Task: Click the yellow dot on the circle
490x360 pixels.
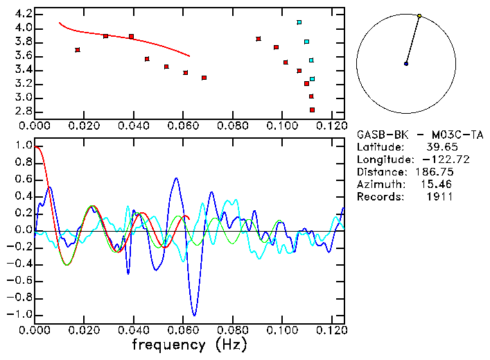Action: (419, 15)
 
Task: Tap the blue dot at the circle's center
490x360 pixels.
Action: (406, 64)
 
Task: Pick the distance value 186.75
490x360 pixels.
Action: (434, 172)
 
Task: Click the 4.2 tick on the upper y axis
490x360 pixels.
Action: (24, 14)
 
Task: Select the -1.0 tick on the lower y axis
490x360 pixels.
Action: (21, 314)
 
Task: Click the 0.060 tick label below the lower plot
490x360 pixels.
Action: (183, 330)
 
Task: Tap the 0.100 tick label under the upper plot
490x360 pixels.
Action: (282, 126)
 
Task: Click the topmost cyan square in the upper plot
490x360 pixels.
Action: (299, 22)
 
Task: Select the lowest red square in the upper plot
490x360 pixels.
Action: (313, 110)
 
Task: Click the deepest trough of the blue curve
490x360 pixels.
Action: (194, 316)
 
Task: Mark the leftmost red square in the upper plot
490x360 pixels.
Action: (78, 50)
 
